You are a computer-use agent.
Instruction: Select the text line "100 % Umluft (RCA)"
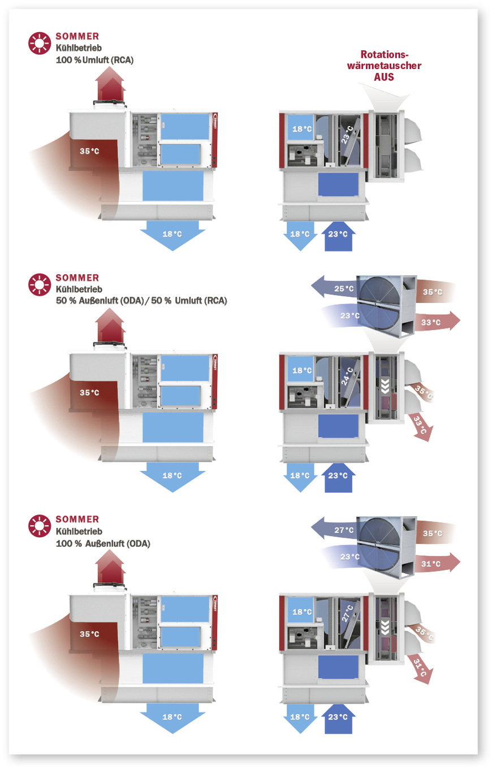pyautogui.click(x=94, y=59)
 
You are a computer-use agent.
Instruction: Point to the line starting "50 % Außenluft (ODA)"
pyautogui.click(x=141, y=301)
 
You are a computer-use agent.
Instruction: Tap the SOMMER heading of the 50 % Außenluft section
pyautogui.click(x=77, y=278)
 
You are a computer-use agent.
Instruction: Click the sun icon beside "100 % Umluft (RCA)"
pyautogui.click(x=40, y=44)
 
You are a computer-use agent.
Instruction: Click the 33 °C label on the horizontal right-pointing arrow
pyautogui.click(x=431, y=322)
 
